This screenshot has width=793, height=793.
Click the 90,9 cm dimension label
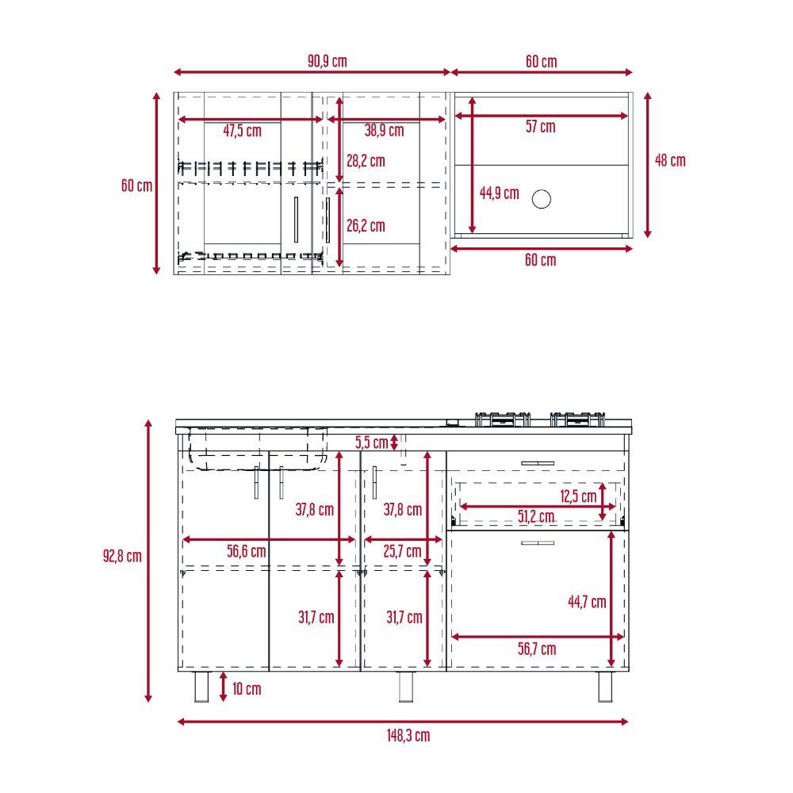[328, 61]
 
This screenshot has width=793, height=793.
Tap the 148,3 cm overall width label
[408, 735]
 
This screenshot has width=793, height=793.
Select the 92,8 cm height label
[122, 556]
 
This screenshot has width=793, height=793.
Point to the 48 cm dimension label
[670, 160]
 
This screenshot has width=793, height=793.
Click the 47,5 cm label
[242, 131]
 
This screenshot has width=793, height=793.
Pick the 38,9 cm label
[385, 131]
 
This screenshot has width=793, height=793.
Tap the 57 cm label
[540, 126]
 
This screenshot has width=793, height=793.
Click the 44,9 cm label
[499, 193]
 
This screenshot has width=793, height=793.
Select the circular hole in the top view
[541, 199]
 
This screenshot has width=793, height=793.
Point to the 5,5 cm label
[371, 442]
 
